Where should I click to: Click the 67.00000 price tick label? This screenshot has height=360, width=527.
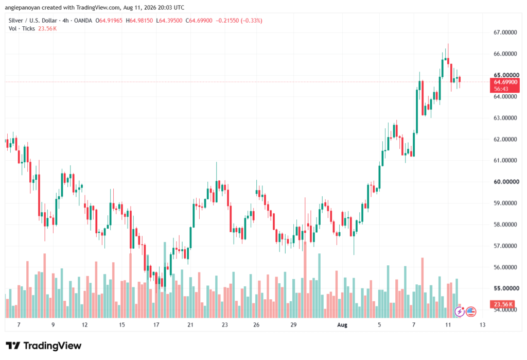click(x=505, y=32)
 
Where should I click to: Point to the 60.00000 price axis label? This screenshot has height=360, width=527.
click(x=505, y=182)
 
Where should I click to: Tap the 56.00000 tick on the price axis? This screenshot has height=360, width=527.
click(x=505, y=267)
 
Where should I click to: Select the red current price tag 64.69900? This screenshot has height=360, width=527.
click(x=505, y=82)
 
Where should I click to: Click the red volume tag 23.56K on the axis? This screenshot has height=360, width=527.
click(x=503, y=304)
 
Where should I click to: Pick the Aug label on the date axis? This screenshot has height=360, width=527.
click(x=342, y=324)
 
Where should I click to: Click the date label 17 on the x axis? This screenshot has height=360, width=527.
click(x=156, y=324)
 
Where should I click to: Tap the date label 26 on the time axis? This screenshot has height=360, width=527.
click(x=256, y=324)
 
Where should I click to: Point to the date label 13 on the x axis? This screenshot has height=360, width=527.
click(x=482, y=324)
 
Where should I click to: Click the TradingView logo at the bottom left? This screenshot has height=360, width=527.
click(x=44, y=346)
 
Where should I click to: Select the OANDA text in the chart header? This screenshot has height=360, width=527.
click(x=83, y=21)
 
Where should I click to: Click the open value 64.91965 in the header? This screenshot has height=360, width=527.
click(x=111, y=21)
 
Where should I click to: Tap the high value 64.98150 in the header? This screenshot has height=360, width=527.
click(x=141, y=21)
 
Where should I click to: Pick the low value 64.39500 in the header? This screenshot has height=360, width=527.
click(x=171, y=21)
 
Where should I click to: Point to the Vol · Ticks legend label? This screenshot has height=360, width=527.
click(x=22, y=29)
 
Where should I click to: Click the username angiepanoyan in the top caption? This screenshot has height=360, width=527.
click(x=23, y=7)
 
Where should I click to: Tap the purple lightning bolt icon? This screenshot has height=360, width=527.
click(x=460, y=312)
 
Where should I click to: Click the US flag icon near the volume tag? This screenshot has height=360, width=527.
click(x=471, y=312)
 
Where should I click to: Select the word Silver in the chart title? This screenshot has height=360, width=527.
click(x=15, y=21)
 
